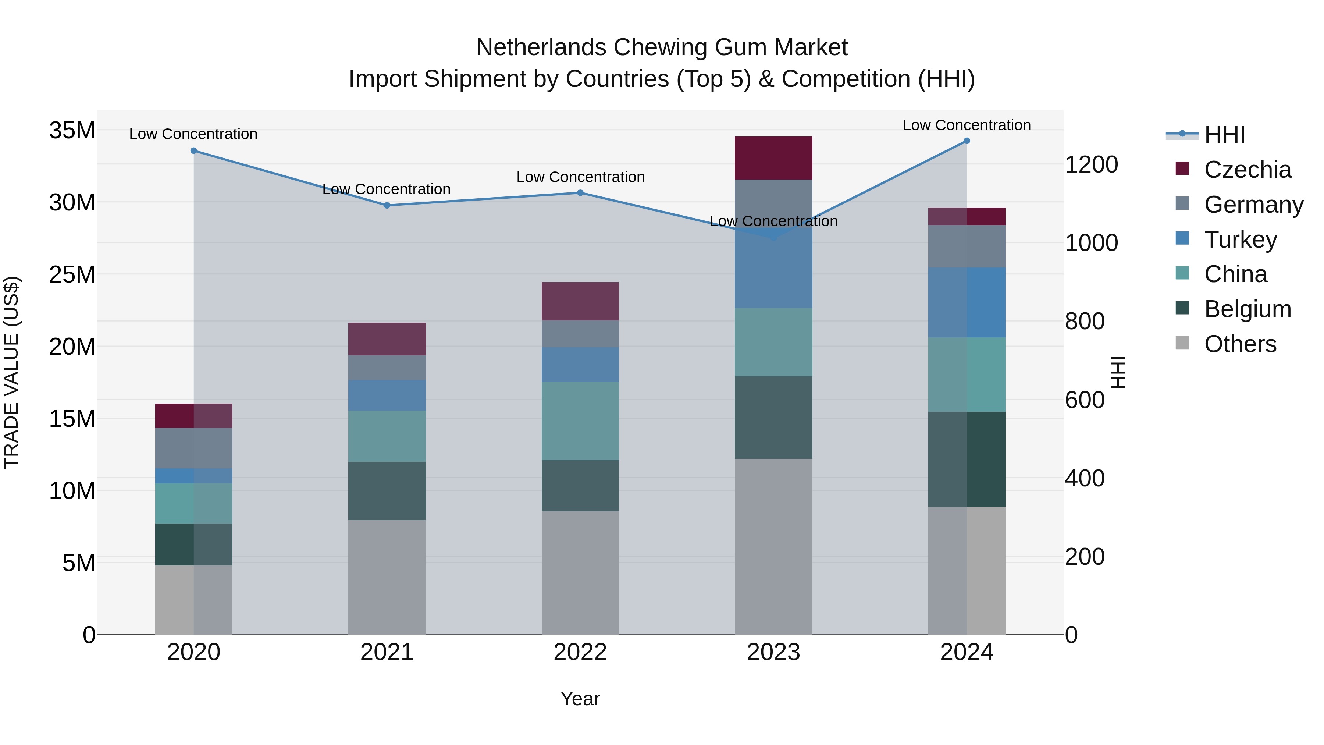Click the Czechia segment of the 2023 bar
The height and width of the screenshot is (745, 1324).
tap(773, 158)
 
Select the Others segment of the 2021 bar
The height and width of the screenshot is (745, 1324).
tap(387, 577)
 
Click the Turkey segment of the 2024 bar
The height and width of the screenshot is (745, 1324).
tap(966, 302)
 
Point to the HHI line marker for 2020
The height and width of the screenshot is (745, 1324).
tap(194, 150)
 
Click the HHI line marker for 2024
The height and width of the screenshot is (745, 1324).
tap(966, 141)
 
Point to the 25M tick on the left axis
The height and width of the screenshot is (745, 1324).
tap(72, 274)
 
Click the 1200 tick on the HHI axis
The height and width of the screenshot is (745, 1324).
tap(1091, 164)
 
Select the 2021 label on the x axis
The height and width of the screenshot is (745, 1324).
tap(387, 652)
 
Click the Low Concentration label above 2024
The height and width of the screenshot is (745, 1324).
tap(966, 125)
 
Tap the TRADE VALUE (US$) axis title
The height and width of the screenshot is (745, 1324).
tap(11, 372)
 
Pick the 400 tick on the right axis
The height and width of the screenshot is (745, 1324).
tap(1085, 478)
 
